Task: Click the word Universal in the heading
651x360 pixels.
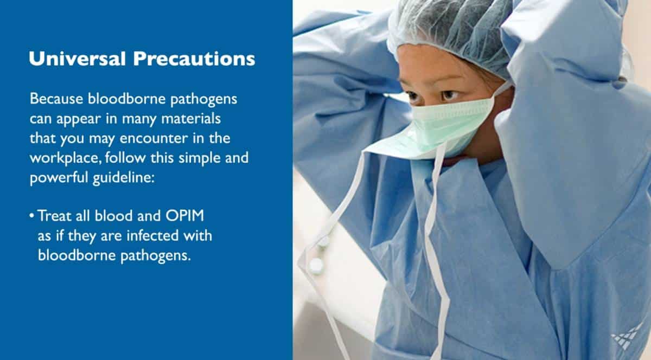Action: pos(77,59)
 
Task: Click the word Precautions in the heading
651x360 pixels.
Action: pos(194,59)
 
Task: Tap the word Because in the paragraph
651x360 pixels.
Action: pos(56,99)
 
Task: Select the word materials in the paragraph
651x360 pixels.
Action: pos(191,119)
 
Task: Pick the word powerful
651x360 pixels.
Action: pos(59,178)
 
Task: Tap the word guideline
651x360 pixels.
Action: pos(124,178)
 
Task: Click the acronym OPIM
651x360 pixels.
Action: pos(185,216)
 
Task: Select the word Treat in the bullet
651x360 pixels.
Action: pos(54,216)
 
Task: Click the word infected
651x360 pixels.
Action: pos(152,235)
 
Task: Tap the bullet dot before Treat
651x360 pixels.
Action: pos(31,216)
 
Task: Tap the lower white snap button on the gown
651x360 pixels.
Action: pos(316,265)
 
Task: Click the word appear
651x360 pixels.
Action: pos(79,119)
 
